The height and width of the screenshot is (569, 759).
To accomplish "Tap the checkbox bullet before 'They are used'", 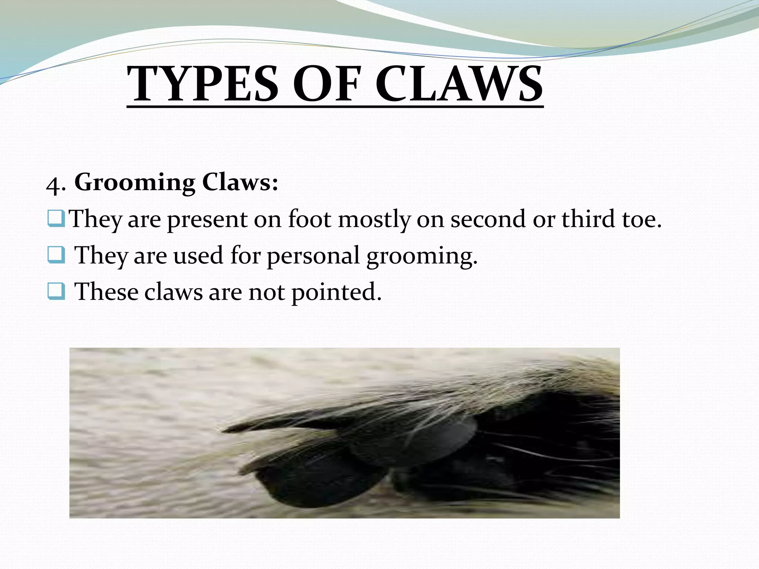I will click(56, 256).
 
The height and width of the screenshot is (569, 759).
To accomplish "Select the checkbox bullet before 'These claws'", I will click(56, 292).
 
